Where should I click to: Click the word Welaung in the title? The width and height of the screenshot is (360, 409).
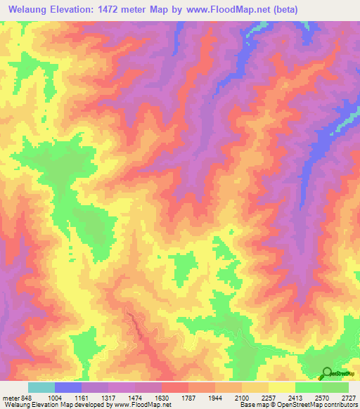tap(28, 10)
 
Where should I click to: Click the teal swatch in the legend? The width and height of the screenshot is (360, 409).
tap(41, 387)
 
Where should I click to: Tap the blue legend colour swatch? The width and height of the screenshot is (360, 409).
tap(68, 387)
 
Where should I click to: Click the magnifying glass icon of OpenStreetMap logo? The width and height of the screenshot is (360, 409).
tap(326, 373)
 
